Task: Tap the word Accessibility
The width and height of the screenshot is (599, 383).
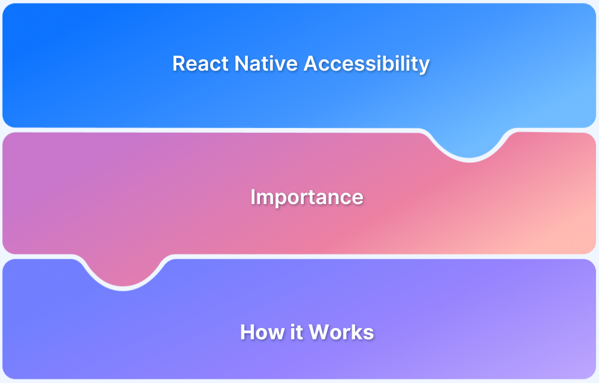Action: coord(367,63)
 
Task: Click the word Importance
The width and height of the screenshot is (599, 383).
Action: coord(307,197)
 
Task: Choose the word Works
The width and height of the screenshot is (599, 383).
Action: coord(341,332)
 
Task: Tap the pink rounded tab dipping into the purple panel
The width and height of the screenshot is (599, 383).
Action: coord(123,274)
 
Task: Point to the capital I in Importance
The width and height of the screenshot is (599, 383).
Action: coord(253,197)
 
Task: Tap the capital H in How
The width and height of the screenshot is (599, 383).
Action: coord(247,332)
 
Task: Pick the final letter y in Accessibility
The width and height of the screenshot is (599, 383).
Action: coord(424,66)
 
